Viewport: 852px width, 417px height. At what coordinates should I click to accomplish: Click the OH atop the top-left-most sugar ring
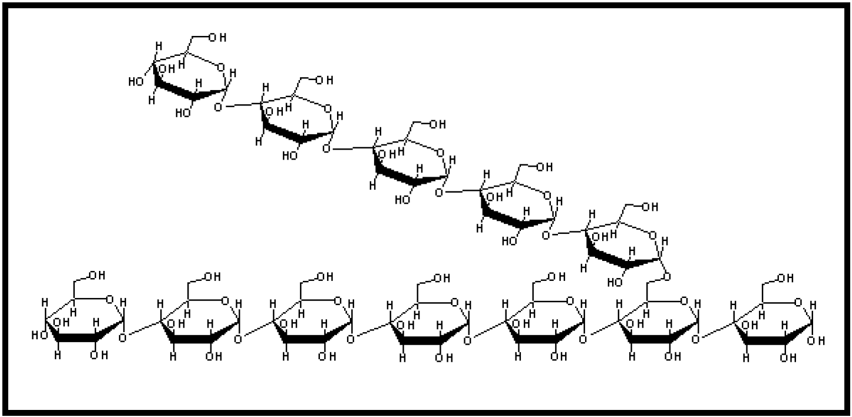pyautogui.click(x=217, y=38)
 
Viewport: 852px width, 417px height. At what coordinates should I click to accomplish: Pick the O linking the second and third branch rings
pyautogui.click(x=326, y=150)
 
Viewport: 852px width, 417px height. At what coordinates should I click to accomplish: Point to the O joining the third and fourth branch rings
pyautogui.click(x=437, y=193)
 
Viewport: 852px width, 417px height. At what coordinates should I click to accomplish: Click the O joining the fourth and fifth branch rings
pyautogui.click(x=546, y=236)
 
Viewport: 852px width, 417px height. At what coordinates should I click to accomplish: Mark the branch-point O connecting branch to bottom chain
pyautogui.click(x=666, y=276)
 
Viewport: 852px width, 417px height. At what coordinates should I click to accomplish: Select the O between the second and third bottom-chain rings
pyautogui.click(x=237, y=339)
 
